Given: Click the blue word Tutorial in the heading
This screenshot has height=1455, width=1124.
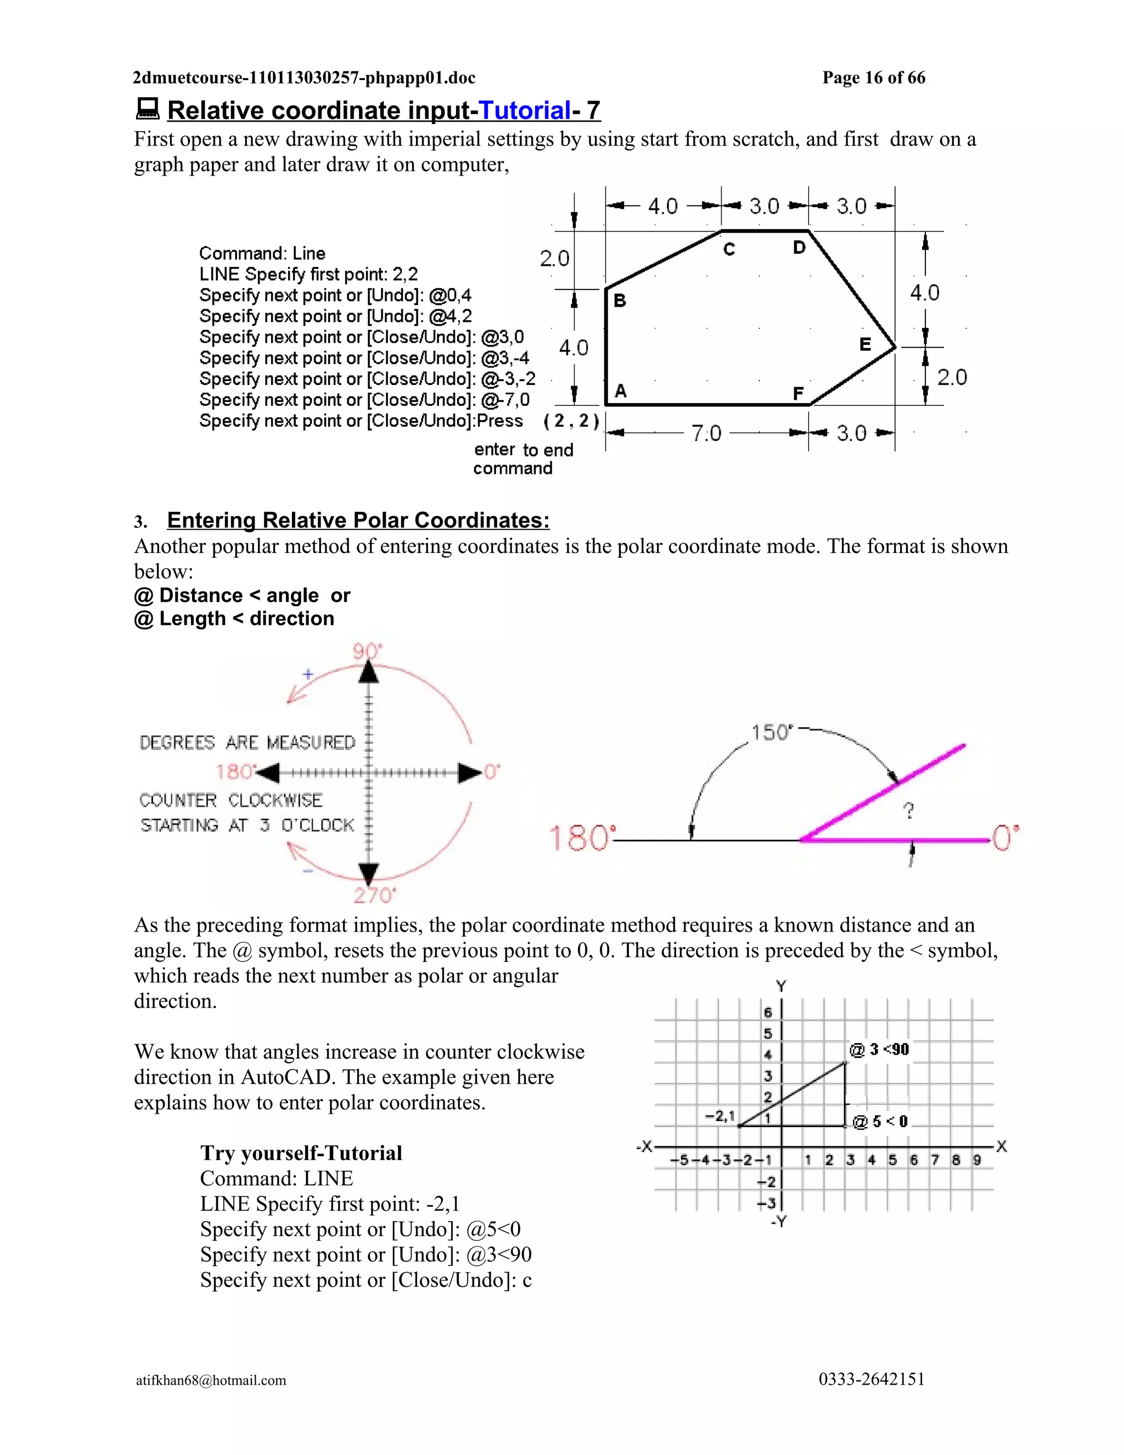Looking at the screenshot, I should [x=525, y=110].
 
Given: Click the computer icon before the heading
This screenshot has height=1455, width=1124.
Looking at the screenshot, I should [x=147, y=109].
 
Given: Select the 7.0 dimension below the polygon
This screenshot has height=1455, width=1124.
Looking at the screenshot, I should [x=706, y=434].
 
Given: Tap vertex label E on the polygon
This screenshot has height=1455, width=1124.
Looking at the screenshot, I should [x=865, y=344].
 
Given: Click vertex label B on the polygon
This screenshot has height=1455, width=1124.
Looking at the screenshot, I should [x=619, y=301].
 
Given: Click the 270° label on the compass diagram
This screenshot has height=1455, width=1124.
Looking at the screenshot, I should [x=374, y=895].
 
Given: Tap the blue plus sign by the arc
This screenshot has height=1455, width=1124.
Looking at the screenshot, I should [x=308, y=674].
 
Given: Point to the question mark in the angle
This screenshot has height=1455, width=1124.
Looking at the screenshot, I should [x=909, y=811].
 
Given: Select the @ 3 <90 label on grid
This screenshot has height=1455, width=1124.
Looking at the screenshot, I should [x=879, y=1050].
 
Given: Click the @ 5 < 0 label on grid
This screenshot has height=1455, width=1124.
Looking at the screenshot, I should [x=880, y=1122].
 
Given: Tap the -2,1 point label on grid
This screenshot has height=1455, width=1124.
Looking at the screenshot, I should [x=720, y=1115].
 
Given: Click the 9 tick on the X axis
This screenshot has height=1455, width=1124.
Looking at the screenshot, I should [x=977, y=1160].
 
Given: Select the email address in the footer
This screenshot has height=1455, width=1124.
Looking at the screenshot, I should [x=211, y=1380].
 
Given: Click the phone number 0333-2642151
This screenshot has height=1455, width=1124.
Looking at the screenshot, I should [x=871, y=1379].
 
